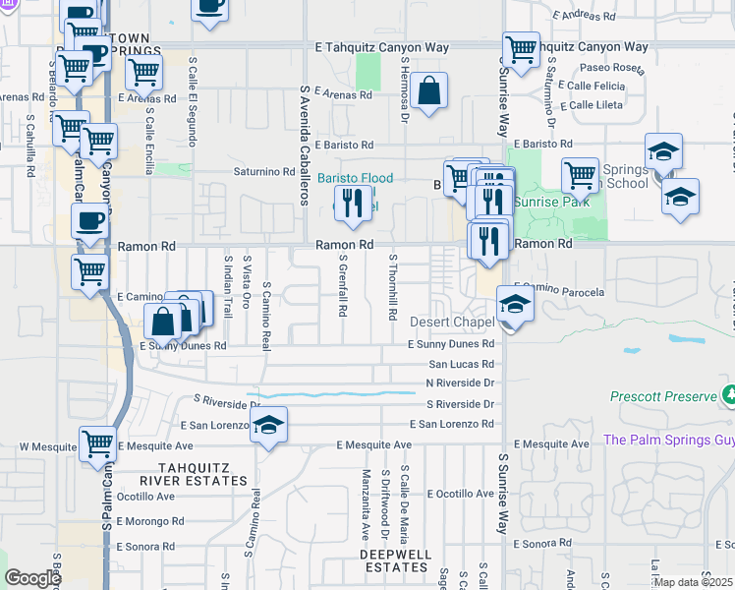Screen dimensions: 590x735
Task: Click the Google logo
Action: pyautogui.click(x=32, y=578)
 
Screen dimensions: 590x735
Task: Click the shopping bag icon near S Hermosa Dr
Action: pyautogui.click(x=429, y=92)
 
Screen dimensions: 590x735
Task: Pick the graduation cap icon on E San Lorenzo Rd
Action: pyautogui.click(x=267, y=426)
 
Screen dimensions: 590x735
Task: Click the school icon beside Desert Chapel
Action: pyautogui.click(x=515, y=305)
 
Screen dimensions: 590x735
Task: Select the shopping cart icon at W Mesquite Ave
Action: pyautogui.click(x=98, y=445)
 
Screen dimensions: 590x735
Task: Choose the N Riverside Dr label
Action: pyautogui.click(x=459, y=383)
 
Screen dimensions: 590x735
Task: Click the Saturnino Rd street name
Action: pyautogui.click(x=264, y=171)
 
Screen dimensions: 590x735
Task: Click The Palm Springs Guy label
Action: pyautogui.click(x=668, y=440)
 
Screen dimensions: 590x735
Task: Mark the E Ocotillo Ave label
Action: pyautogui.click(x=454, y=493)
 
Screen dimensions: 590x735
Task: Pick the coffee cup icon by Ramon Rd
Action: pyautogui.click(x=90, y=222)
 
